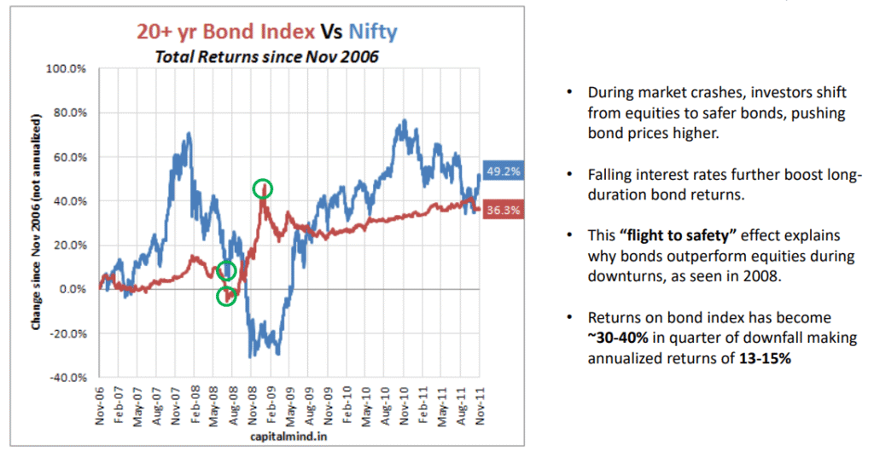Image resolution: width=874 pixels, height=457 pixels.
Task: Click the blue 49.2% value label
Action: (502, 171)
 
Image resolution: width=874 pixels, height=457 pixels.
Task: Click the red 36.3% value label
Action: (502, 210)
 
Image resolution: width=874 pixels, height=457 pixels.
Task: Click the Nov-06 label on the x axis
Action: (101, 408)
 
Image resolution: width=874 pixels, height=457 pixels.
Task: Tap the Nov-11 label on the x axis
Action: (480, 408)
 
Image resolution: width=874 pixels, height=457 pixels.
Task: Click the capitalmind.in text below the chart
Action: (288, 437)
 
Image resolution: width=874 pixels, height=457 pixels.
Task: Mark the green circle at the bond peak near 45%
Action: (264, 188)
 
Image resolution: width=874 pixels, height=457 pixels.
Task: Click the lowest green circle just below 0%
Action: (226, 297)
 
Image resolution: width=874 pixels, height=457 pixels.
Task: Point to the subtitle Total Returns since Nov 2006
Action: (265, 57)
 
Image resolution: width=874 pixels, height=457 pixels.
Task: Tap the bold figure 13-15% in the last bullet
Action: (766, 358)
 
